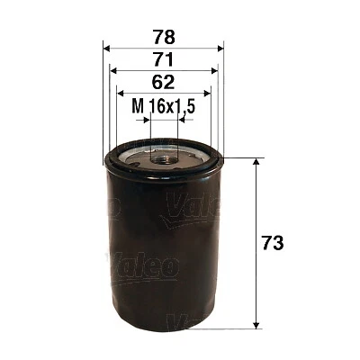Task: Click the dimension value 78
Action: (164, 38)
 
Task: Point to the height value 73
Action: (274, 244)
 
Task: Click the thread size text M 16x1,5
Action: (164, 107)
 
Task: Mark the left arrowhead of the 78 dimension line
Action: (108, 49)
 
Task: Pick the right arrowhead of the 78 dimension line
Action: (220, 49)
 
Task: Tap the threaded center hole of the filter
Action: (164, 158)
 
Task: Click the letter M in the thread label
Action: (138, 107)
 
